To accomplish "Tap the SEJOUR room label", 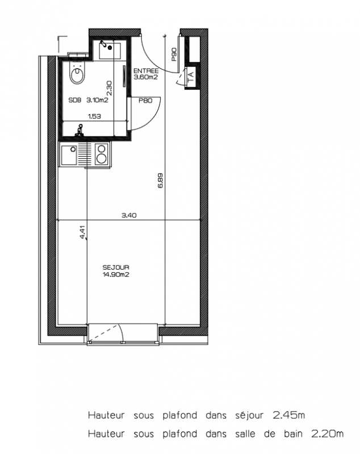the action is [116, 267].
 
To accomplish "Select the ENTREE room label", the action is [146, 71].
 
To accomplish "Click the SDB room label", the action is [75, 100].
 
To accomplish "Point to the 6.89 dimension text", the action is [161, 180].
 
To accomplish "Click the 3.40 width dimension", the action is [129, 216].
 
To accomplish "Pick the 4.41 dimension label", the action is [82, 233].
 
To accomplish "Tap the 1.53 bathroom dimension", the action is [94, 116].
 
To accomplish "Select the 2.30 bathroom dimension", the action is [109, 88].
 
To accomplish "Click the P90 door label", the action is [174, 54].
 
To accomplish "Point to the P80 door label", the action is [145, 101].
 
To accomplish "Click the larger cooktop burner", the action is [102, 158].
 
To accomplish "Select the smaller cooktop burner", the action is [102, 149].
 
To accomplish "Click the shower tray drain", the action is [110, 48].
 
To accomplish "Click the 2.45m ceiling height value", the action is [289, 415].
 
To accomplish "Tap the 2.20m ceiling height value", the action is [327, 434].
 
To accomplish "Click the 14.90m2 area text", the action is [116, 275].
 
